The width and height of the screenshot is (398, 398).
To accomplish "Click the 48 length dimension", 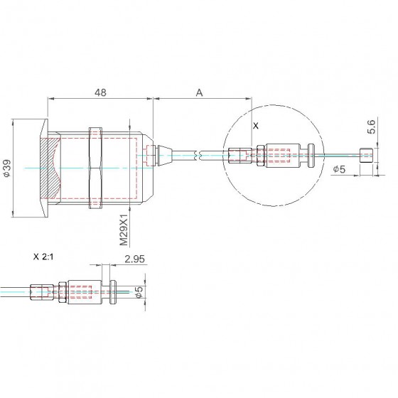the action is [100, 92].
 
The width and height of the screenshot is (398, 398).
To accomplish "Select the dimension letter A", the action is [200, 92].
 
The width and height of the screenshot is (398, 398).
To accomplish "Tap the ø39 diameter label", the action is [7, 168].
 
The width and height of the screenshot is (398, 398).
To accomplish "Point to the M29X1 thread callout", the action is [124, 230].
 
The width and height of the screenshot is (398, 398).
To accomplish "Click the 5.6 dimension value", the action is [371, 127].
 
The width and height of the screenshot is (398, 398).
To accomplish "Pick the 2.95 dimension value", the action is [135, 259].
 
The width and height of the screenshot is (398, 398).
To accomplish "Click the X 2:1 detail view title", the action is [43, 257].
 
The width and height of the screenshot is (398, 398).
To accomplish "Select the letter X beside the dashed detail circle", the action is [256, 126].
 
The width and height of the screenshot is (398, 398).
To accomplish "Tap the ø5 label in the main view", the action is [340, 169].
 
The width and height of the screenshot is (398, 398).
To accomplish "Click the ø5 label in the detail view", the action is [139, 292].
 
